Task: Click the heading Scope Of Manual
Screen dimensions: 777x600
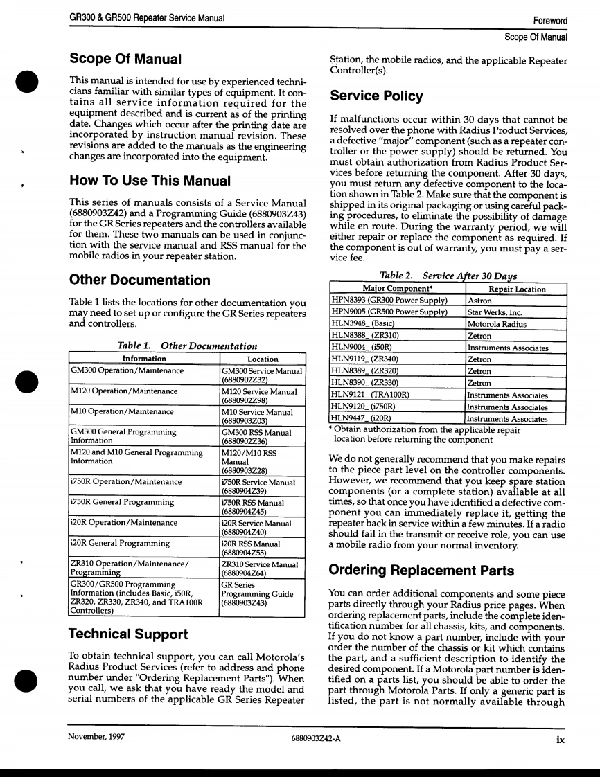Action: coord(125,59)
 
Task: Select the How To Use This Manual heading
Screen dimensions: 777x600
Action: coord(150,181)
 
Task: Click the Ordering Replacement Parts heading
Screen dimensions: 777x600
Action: coord(421,571)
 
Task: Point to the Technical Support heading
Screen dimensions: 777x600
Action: coord(128,634)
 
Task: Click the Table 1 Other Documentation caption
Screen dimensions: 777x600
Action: coord(188,346)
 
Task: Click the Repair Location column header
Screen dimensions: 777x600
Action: coord(516,289)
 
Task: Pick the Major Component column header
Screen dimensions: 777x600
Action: coord(398,289)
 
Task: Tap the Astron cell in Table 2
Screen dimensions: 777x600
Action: coord(480,301)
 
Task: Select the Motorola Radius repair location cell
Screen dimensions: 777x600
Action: coord(497,324)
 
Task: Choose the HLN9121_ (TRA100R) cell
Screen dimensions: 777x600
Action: coord(371,395)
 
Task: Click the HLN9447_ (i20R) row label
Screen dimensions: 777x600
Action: coord(362,418)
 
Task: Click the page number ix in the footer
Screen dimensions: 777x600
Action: coord(559,738)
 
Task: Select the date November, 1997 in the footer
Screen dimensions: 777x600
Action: coord(96,738)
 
